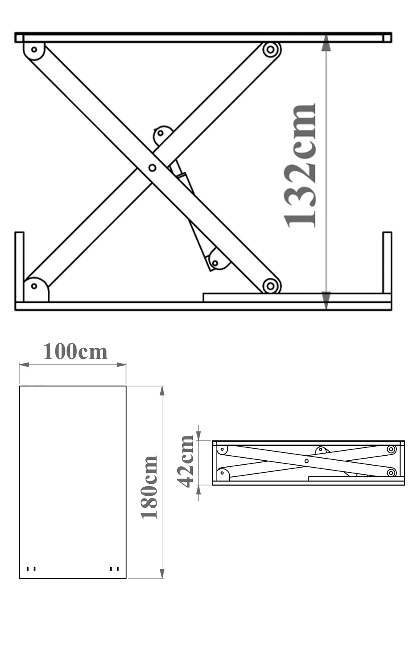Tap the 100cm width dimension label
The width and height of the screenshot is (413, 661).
pos(75,352)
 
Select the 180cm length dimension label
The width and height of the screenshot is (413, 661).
pos(149,487)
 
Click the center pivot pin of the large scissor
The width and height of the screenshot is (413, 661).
pos(152,168)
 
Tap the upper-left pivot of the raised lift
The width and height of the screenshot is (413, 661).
pos(34,50)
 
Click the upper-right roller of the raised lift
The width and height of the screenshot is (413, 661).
pos(271,49)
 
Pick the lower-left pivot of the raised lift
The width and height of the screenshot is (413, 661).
pos(34,286)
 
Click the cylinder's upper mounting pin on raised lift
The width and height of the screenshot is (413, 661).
pos(161,133)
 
